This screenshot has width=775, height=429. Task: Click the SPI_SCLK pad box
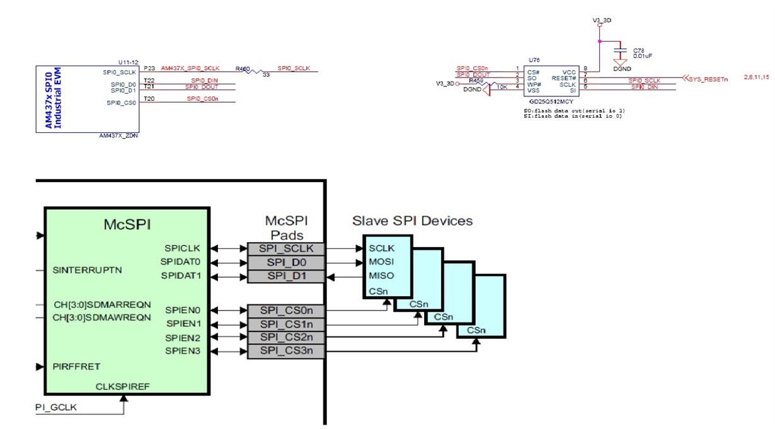(x=286, y=249)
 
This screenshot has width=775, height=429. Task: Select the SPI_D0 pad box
(x=286, y=262)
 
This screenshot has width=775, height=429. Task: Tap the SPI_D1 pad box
(x=286, y=276)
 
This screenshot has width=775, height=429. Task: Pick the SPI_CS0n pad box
(x=286, y=311)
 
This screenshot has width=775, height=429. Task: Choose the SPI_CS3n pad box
(x=286, y=351)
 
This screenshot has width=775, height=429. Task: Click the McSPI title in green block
(x=127, y=224)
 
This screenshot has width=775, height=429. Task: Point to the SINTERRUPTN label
(x=88, y=270)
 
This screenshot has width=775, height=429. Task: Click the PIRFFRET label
(x=77, y=367)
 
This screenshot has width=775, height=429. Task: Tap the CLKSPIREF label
(x=123, y=386)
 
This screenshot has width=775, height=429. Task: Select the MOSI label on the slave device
(x=381, y=262)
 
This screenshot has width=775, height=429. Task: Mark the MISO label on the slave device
(x=381, y=276)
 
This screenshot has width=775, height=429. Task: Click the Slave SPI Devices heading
(x=412, y=221)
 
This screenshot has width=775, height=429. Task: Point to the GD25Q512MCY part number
(x=551, y=101)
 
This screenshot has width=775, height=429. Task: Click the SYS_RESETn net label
(x=708, y=79)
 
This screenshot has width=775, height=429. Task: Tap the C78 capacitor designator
(x=639, y=50)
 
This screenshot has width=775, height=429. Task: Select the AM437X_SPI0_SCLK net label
(x=190, y=67)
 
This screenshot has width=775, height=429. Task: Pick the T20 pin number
(x=149, y=99)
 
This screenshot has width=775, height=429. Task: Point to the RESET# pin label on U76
(x=564, y=78)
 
